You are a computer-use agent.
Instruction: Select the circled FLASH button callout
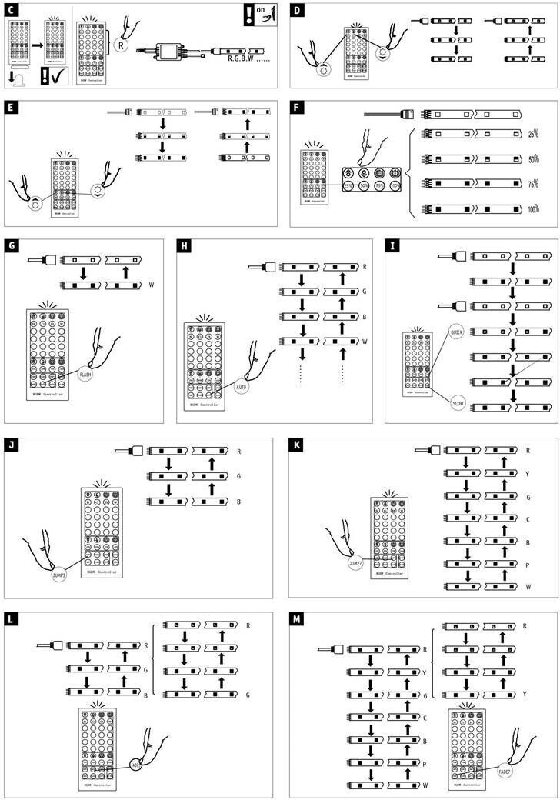tap(85, 375)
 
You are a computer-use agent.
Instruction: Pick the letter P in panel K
tap(528, 563)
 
